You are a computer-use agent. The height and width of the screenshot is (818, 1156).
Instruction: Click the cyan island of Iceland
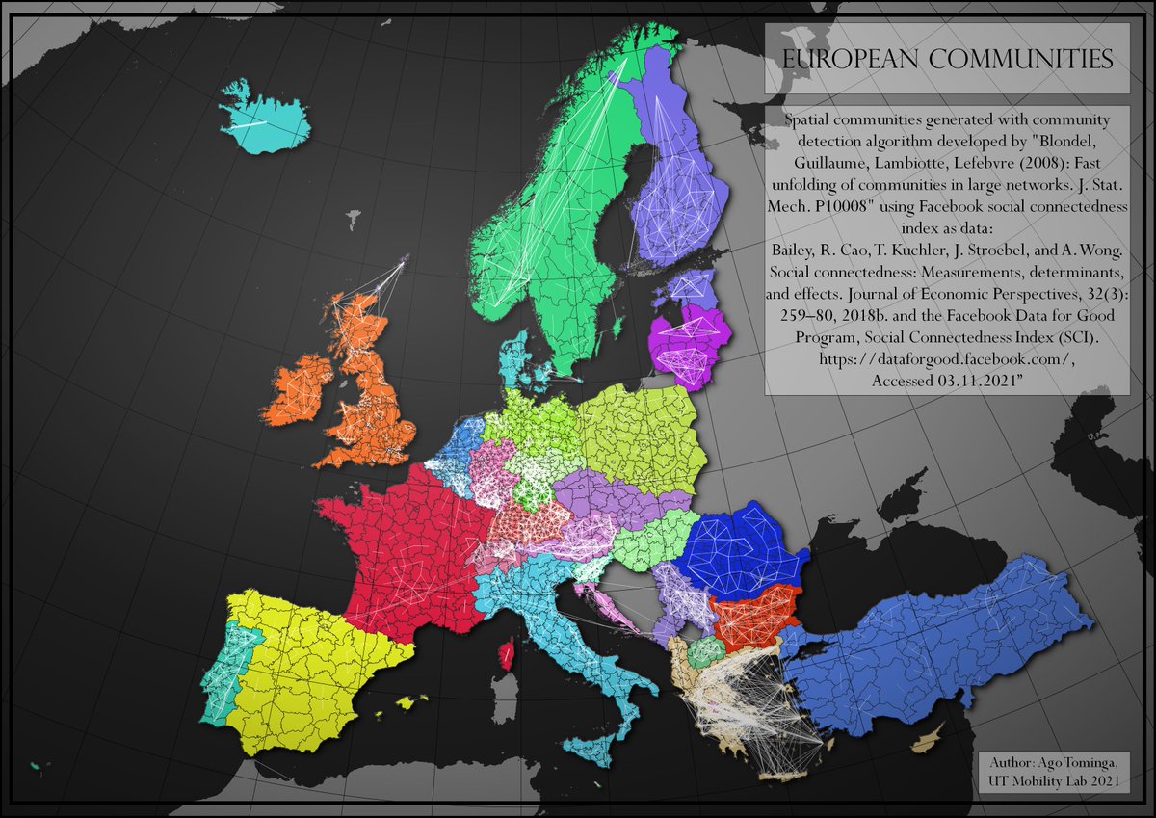(264, 119)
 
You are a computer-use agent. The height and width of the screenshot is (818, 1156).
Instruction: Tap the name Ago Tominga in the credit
(1083, 766)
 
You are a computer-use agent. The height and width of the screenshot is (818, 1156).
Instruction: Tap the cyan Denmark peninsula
(511, 356)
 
